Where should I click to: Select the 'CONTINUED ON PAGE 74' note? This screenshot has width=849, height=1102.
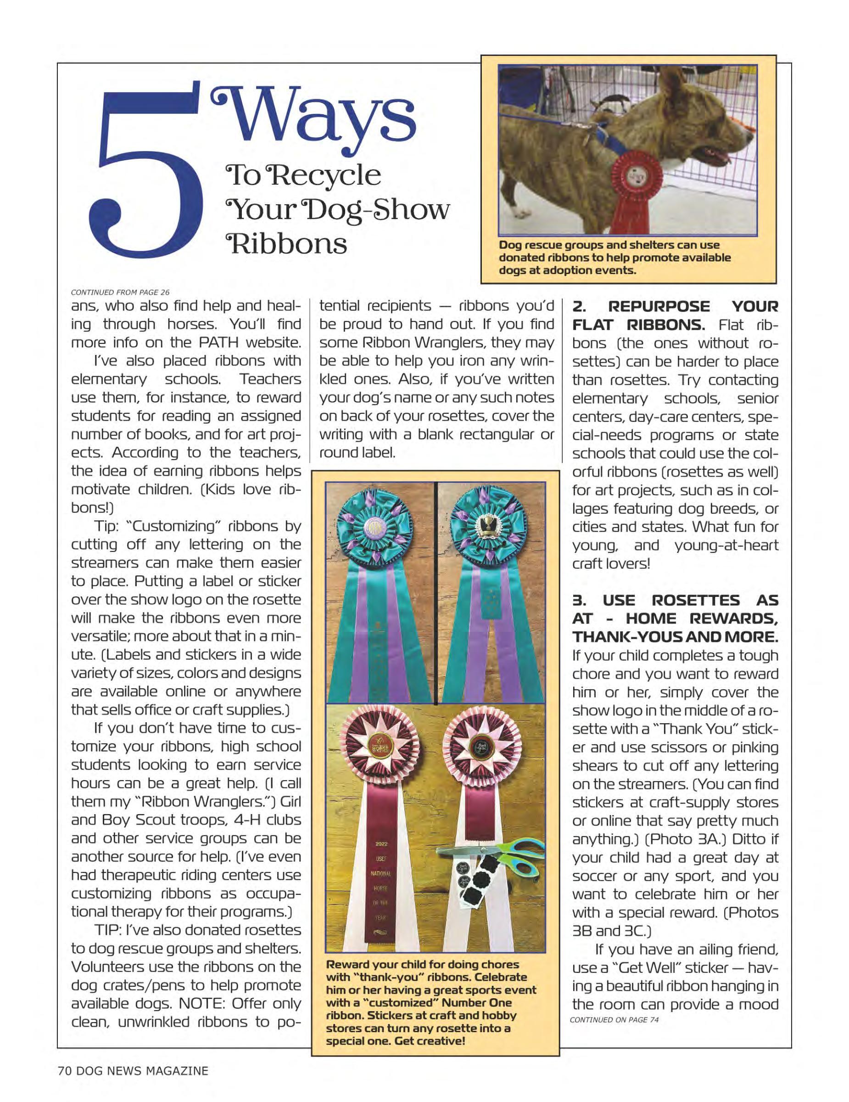[614, 1020]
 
